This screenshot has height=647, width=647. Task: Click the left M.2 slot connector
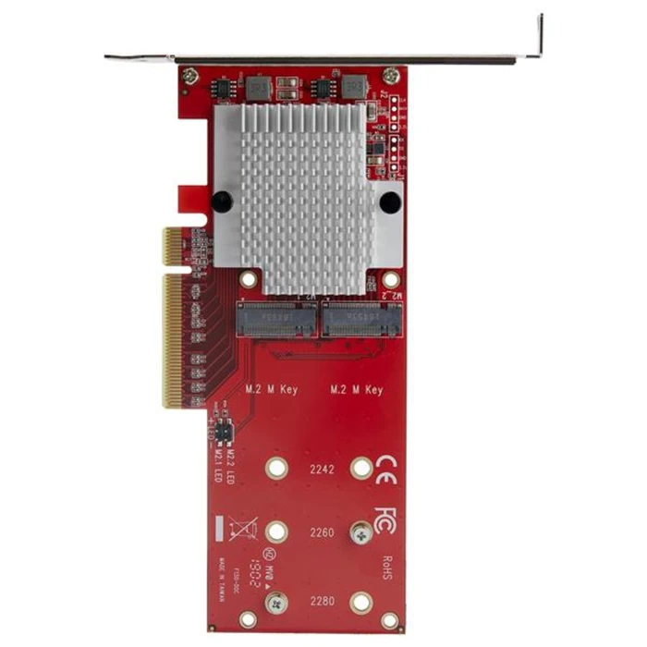point(276,320)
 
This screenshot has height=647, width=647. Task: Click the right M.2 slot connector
point(361,320)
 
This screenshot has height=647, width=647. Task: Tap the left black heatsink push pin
point(221,201)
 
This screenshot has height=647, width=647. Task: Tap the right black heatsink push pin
point(390,201)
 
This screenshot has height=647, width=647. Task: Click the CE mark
point(386,468)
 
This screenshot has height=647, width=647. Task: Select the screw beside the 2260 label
point(360,532)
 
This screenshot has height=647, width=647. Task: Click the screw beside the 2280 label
point(275,603)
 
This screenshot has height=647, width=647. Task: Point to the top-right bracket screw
point(392,75)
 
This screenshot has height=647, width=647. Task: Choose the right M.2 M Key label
point(356,390)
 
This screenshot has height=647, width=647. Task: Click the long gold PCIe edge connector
point(172,340)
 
